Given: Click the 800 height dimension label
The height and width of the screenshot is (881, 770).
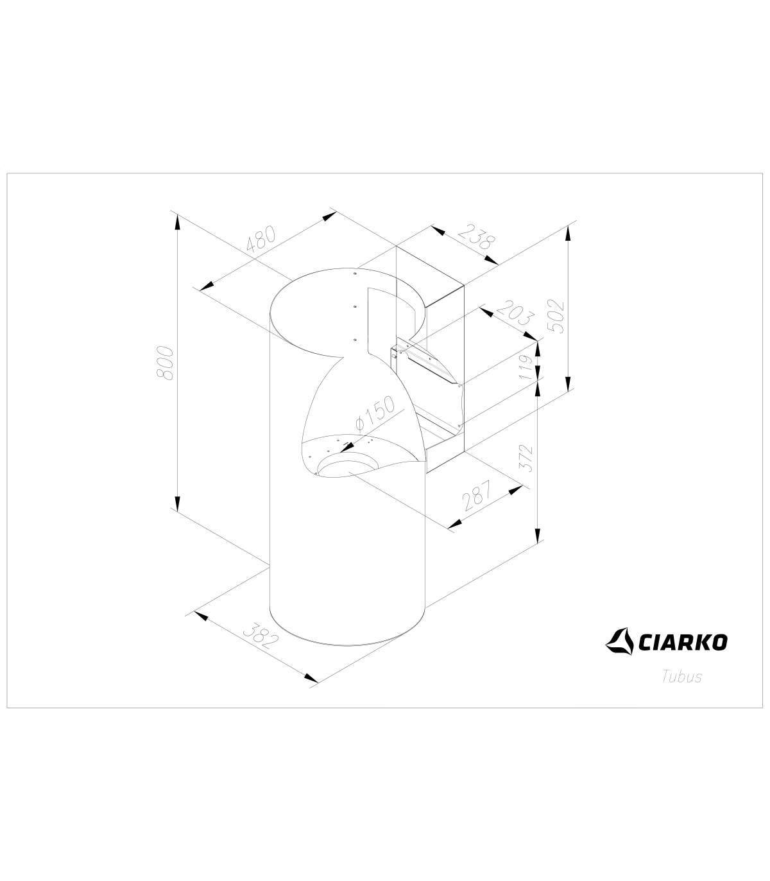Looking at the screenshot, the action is coord(165,362).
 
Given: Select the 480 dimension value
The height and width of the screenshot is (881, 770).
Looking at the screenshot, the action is coord(261,238).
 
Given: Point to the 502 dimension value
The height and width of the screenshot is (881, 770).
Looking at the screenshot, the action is coord(555,316).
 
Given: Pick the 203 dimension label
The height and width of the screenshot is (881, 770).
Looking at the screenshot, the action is coord(515,313).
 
